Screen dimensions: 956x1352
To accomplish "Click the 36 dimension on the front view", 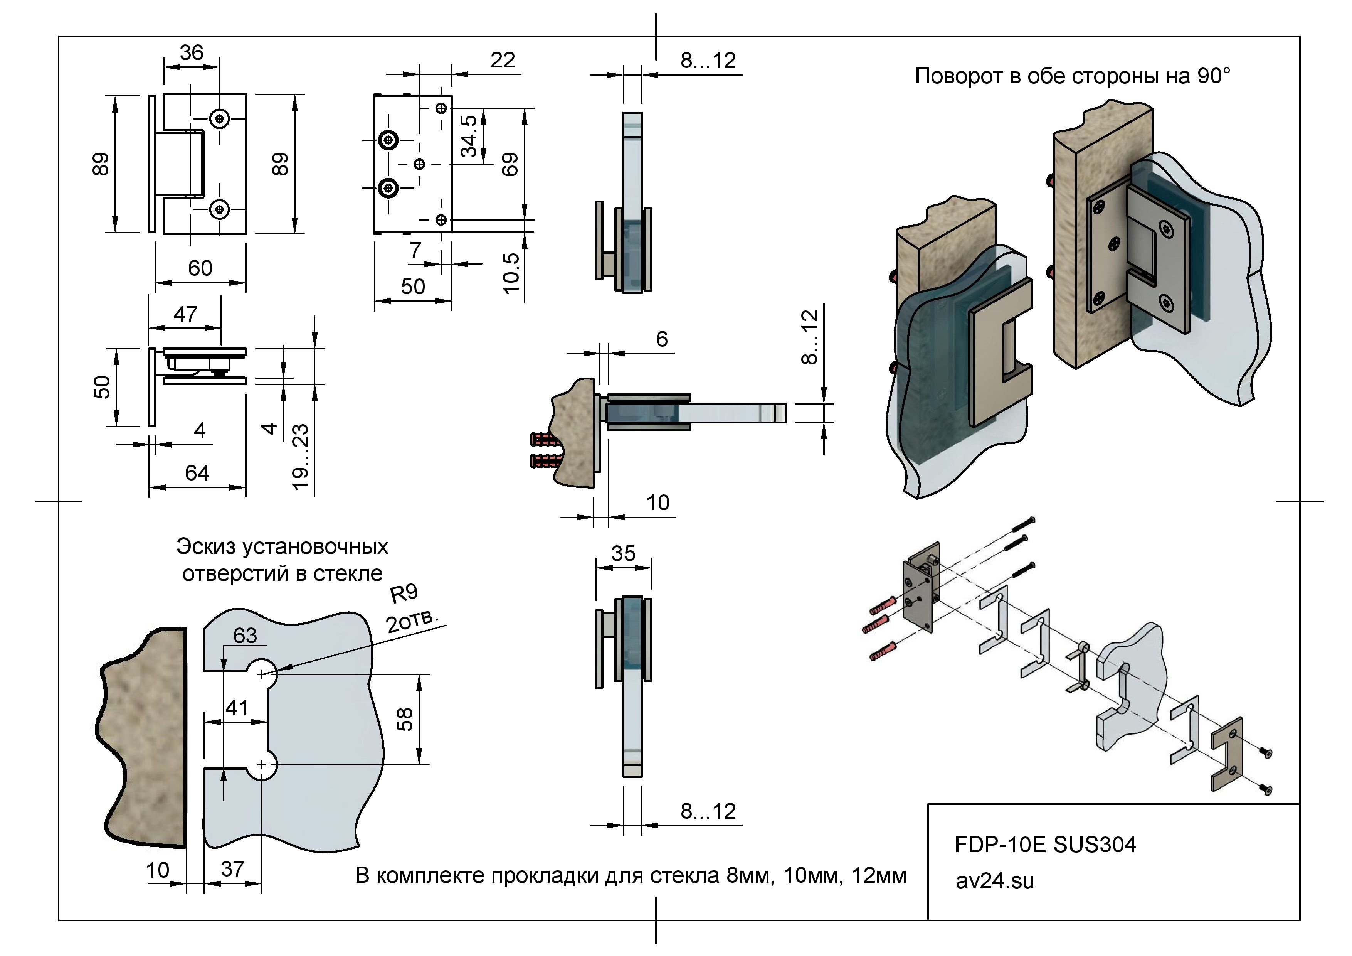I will tap(192, 53).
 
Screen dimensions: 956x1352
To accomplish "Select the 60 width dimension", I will tap(200, 269).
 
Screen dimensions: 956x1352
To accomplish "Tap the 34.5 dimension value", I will tap(469, 136).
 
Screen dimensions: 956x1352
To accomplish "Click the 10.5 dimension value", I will tap(511, 273).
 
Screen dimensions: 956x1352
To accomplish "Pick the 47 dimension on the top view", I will tap(185, 315).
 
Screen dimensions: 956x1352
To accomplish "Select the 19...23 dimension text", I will tap(300, 457).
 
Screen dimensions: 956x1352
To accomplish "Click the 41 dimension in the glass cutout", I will tap(237, 707).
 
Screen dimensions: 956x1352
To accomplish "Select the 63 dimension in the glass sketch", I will tap(245, 636).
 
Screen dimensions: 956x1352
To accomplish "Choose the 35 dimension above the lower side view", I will tap(623, 554).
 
